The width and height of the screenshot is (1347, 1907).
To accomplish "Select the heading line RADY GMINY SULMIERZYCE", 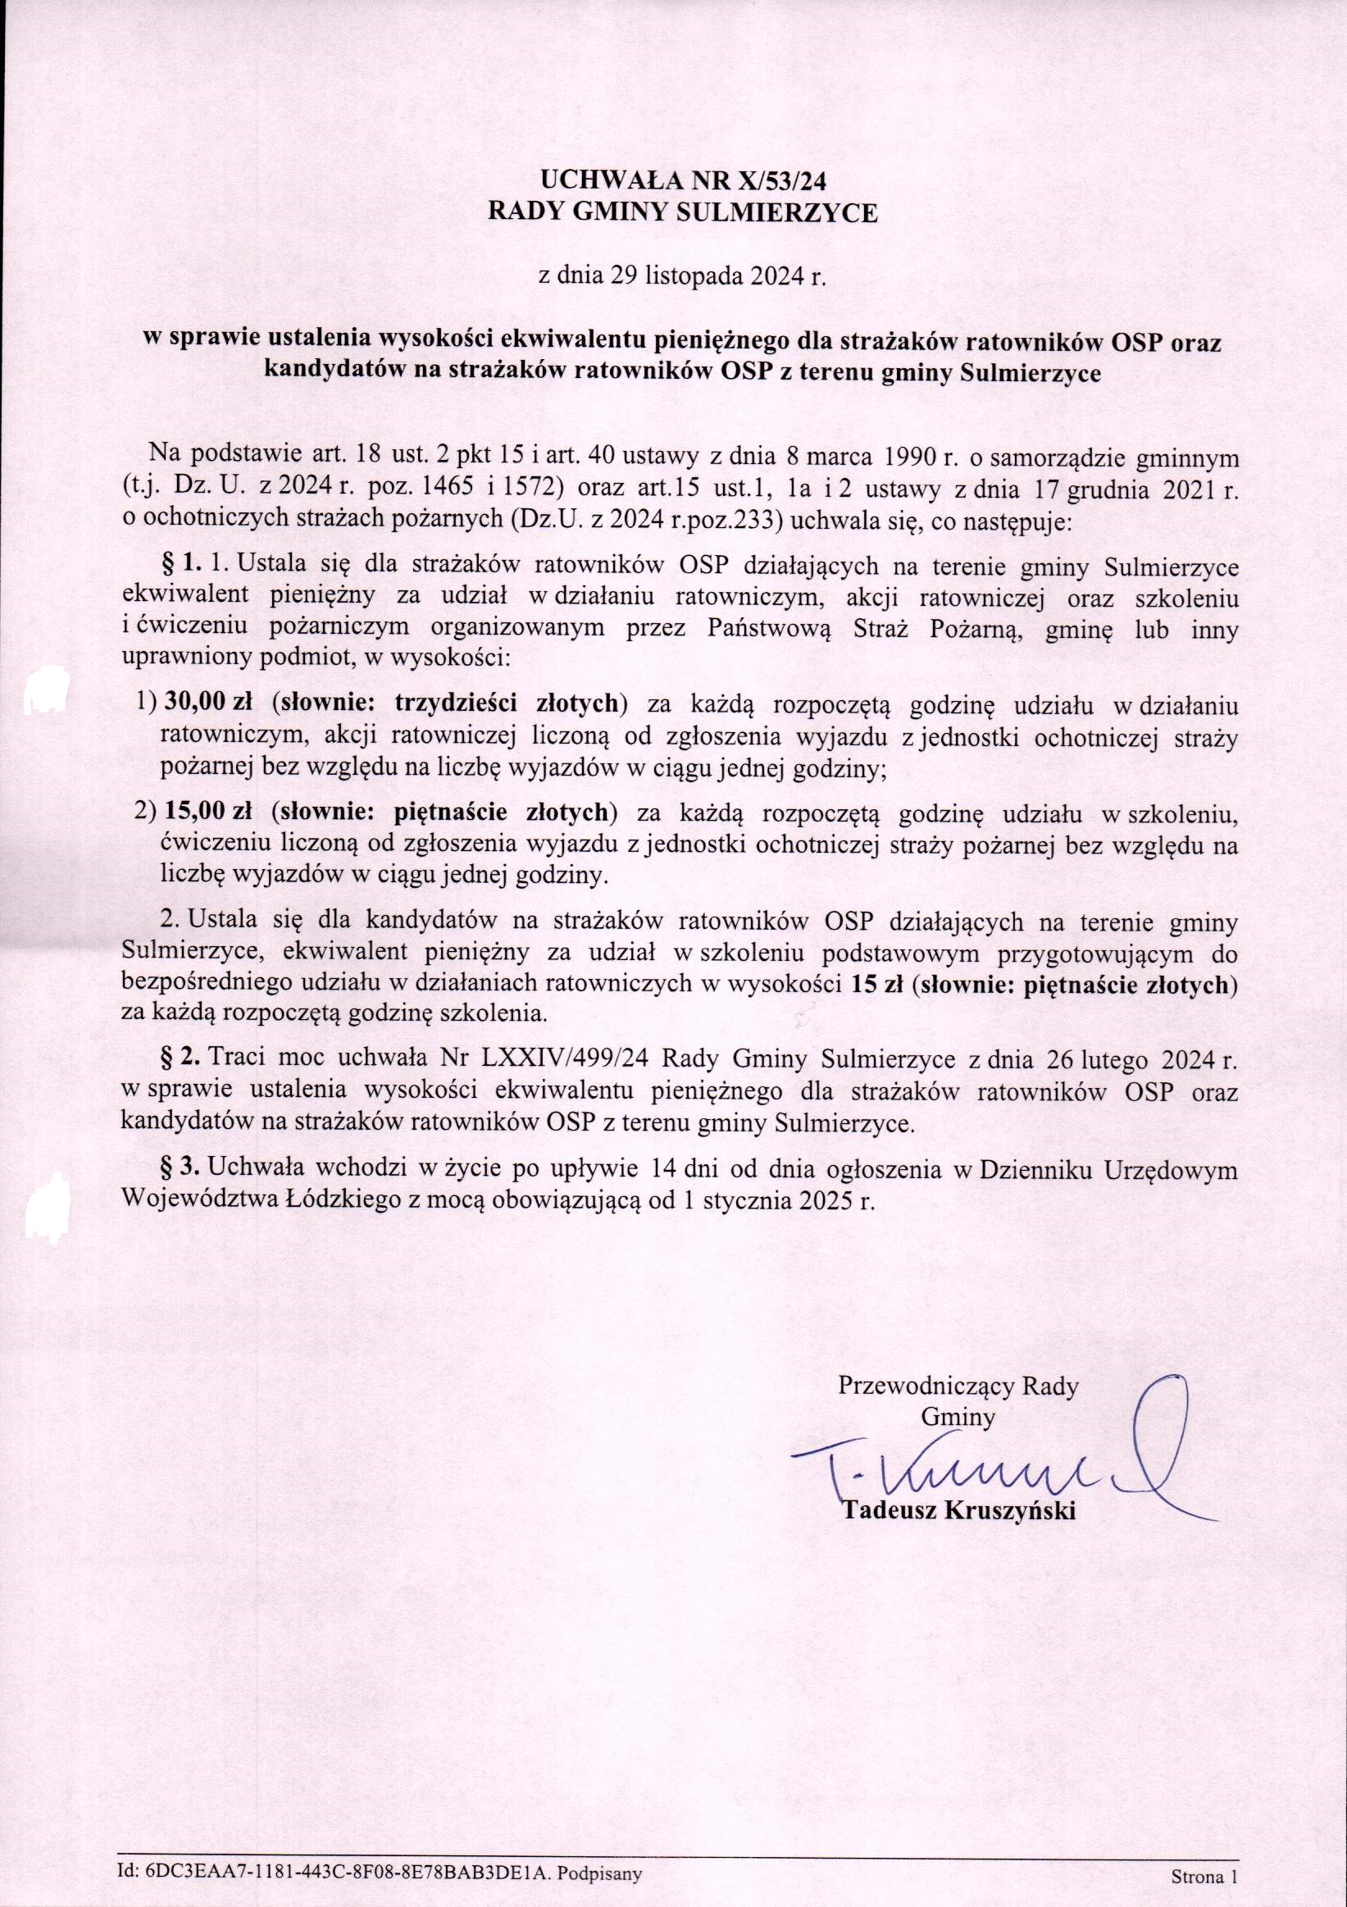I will [682, 213].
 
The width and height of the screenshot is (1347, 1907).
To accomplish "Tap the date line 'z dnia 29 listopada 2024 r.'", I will [683, 275].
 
